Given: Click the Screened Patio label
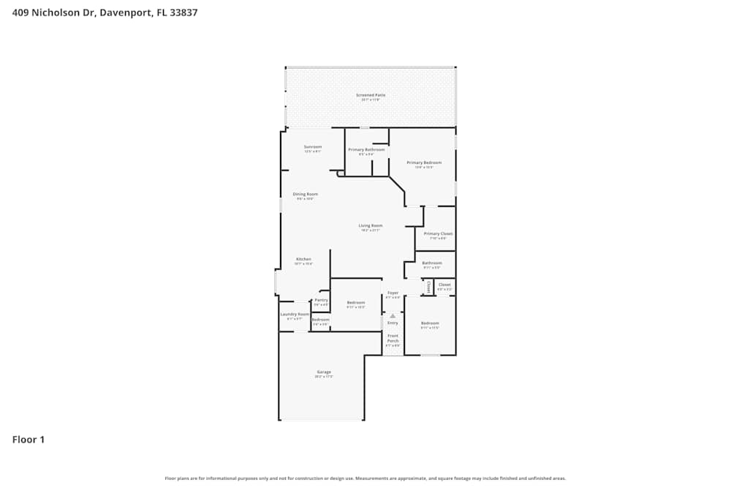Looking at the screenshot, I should (x=371, y=95).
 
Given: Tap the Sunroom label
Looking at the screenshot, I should (x=313, y=146).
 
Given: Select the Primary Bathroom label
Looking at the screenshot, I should (x=366, y=150).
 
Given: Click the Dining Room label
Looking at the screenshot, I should (x=305, y=195).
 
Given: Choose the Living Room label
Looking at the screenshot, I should (x=370, y=225).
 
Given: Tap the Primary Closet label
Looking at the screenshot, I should (x=438, y=234).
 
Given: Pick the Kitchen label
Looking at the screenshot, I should (x=303, y=259).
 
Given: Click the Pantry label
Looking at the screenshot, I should (x=321, y=299).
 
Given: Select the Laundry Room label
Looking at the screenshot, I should (x=295, y=314).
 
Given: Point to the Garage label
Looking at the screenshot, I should (x=323, y=372).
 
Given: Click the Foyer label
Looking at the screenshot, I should (x=393, y=293).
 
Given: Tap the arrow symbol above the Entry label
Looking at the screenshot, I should (x=393, y=316).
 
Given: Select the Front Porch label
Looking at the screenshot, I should (x=393, y=338).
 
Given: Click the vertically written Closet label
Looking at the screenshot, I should (x=429, y=288).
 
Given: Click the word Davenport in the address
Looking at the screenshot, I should (x=127, y=12).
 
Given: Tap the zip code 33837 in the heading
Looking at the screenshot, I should (x=183, y=12).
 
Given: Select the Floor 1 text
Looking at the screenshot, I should (x=29, y=440).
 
